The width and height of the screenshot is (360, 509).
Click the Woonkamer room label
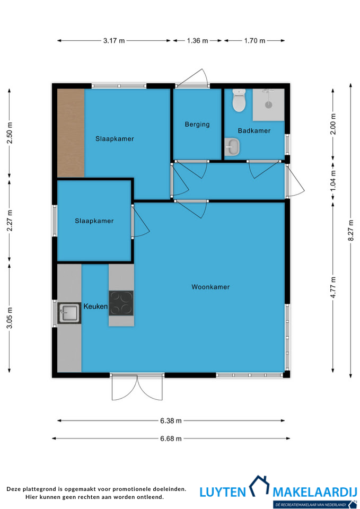coord(210,287)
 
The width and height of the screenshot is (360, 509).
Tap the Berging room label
coord(197,124)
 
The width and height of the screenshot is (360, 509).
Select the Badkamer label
coord(254,131)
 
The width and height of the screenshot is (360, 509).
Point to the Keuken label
coord(95,306)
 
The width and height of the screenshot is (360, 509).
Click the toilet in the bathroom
coord(239,100)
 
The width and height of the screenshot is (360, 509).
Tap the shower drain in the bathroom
coord(268,105)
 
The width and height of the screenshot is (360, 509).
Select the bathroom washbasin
coord(232,147)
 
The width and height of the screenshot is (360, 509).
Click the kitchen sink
coord(69,313)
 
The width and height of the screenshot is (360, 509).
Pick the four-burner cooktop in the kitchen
coord(121,303)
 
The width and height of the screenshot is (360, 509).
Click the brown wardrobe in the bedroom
coord(71,133)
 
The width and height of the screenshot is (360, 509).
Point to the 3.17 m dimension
coord(114,41)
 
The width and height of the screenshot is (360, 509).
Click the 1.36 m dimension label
coord(197,41)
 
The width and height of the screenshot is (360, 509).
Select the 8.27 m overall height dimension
coord(350,231)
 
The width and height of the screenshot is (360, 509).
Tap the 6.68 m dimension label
coord(171,438)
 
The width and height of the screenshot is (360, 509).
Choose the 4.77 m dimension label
coord(333,287)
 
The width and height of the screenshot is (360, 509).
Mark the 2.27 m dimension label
coord(10,221)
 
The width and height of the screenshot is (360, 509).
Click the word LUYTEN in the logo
coord(223,492)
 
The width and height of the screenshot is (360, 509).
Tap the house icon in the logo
coord(259,486)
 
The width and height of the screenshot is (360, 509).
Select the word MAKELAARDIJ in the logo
coord(314,492)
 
